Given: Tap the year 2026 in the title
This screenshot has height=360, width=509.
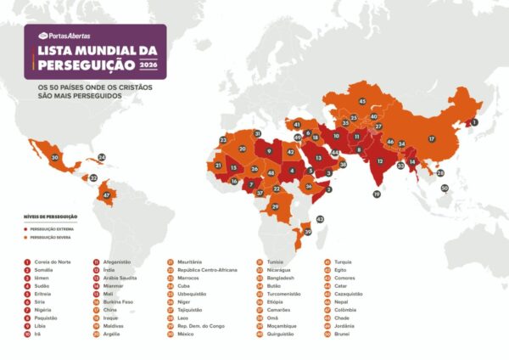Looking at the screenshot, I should pos(148,65).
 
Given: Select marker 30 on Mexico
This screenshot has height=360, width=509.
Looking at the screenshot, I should pos(55,157).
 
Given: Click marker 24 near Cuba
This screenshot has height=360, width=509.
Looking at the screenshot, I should pos(102,157).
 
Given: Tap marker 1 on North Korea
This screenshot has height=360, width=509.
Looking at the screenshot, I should pos(474,122).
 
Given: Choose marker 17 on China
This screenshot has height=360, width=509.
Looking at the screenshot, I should pos(431,138).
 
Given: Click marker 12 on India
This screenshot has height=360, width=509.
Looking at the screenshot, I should pos(381,161).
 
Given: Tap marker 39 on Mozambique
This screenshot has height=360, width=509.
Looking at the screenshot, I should pos(308,231).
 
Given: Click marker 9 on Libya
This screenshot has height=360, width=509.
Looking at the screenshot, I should pos(269,151).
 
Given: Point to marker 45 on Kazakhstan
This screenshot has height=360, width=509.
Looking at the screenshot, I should pos(362,102).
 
